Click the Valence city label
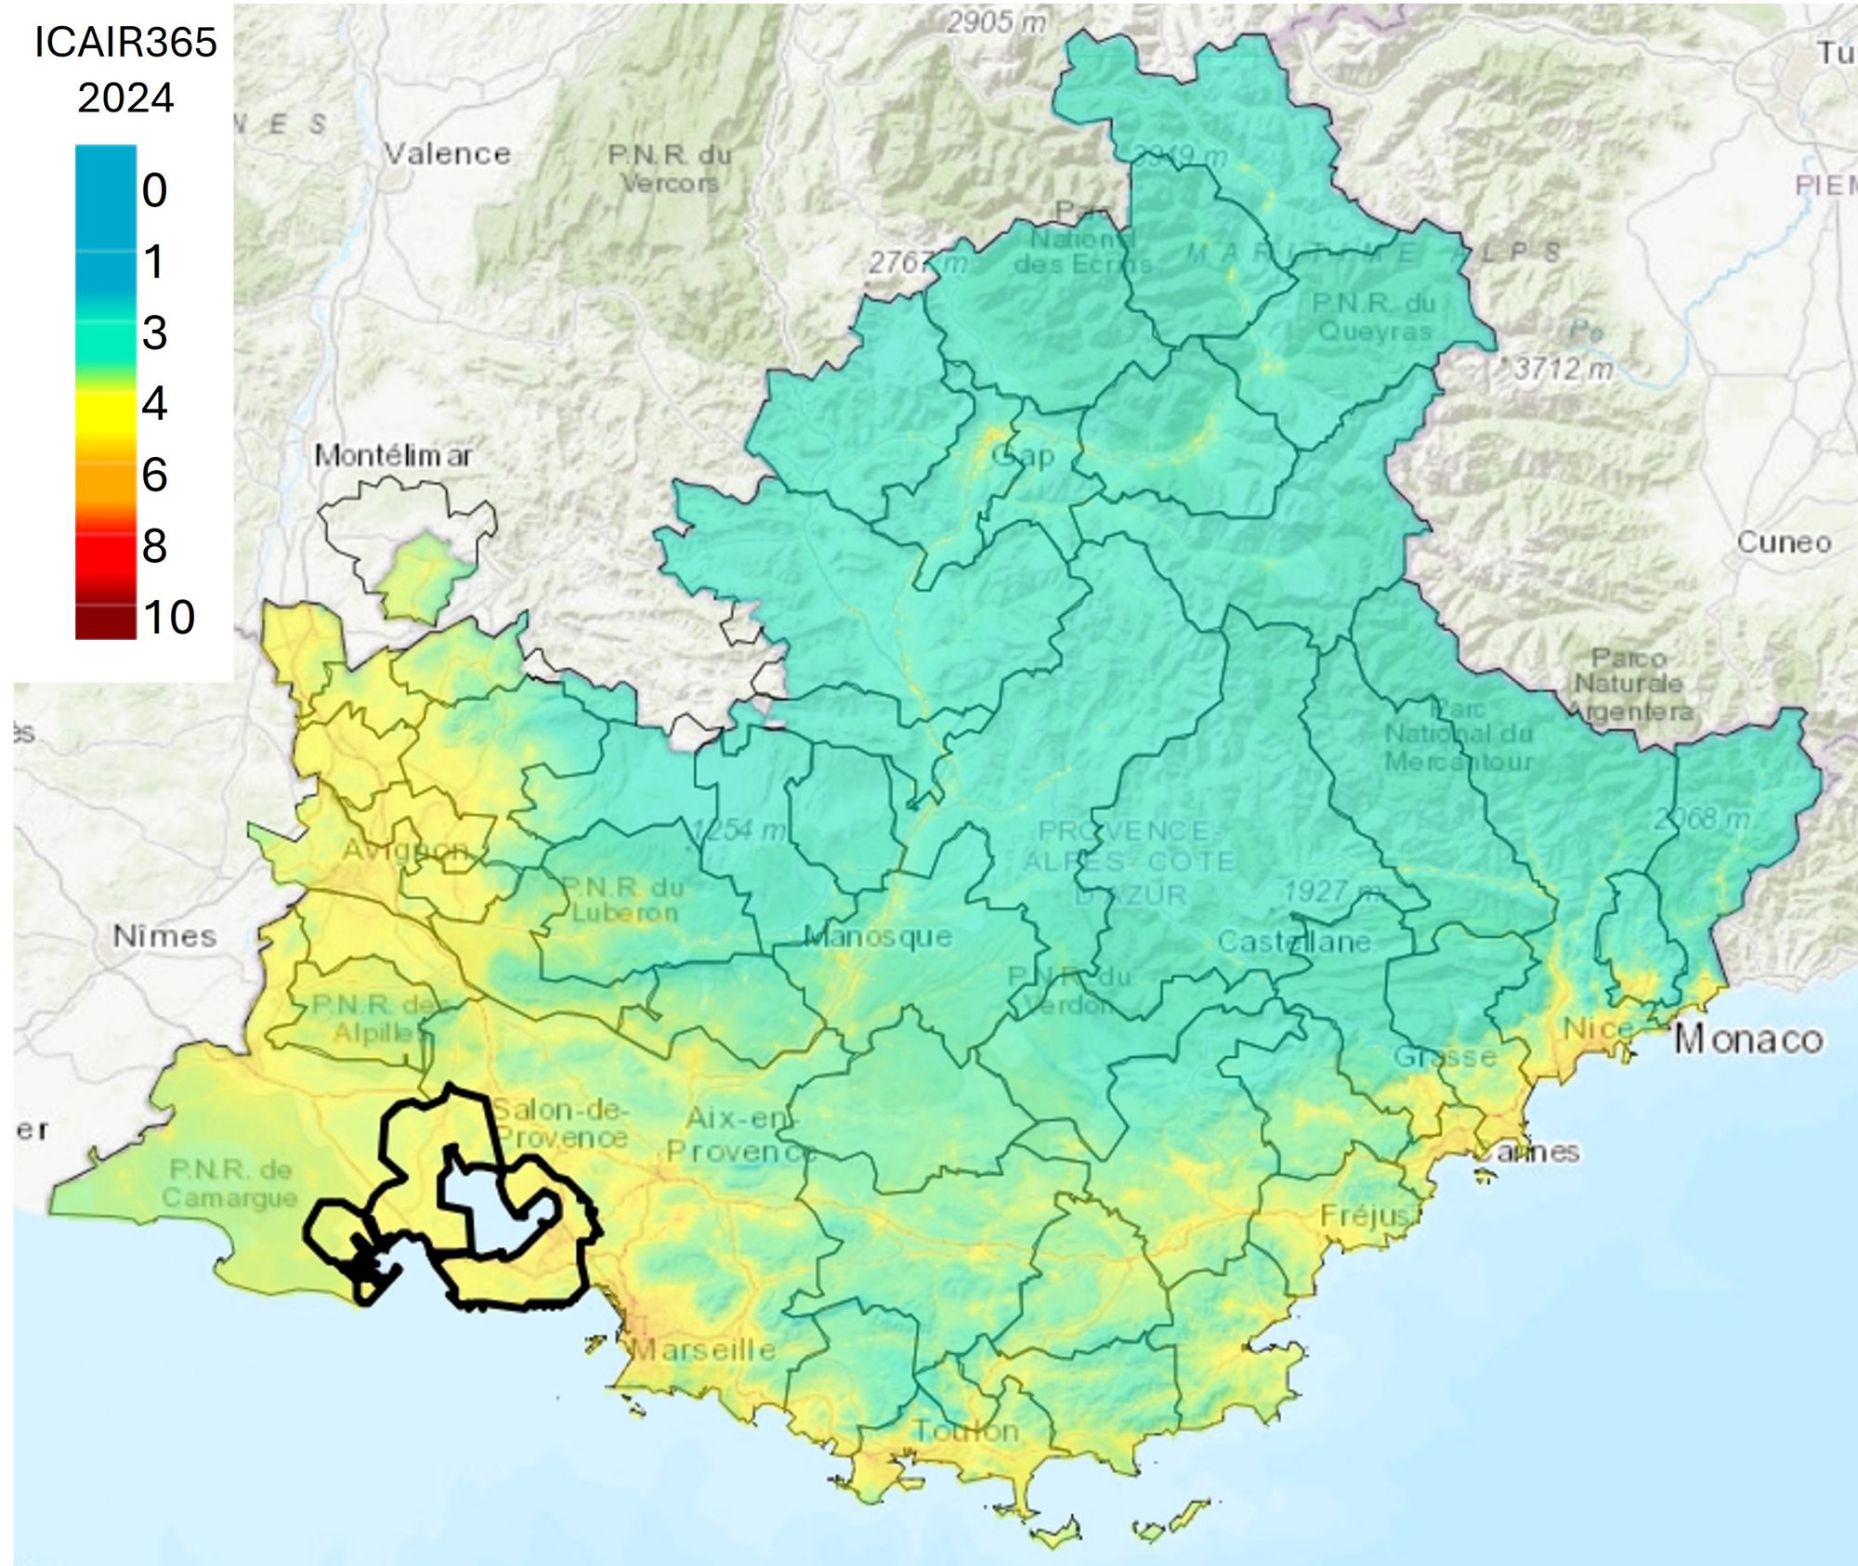(x=448, y=153)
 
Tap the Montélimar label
(x=392, y=455)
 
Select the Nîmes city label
(x=164, y=935)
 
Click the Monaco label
(x=1748, y=1039)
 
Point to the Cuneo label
(x=1784, y=542)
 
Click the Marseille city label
(x=703, y=1349)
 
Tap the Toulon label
(x=966, y=1430)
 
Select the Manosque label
(x=878, y=935)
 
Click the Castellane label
(x=1294, y=942)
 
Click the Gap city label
(x=1023, y=455)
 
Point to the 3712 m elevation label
(x=1563, y=369)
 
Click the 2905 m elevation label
(x=996, y=21)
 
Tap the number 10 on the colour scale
(x=169, y=617)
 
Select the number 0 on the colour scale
(x=154, y=190)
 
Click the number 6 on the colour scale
(x=154, y=475)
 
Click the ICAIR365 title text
(x=125, y=42)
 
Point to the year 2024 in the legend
(x=125, y=98)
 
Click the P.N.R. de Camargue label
(x=230, y=1183)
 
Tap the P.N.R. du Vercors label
(x=670, y=168)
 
